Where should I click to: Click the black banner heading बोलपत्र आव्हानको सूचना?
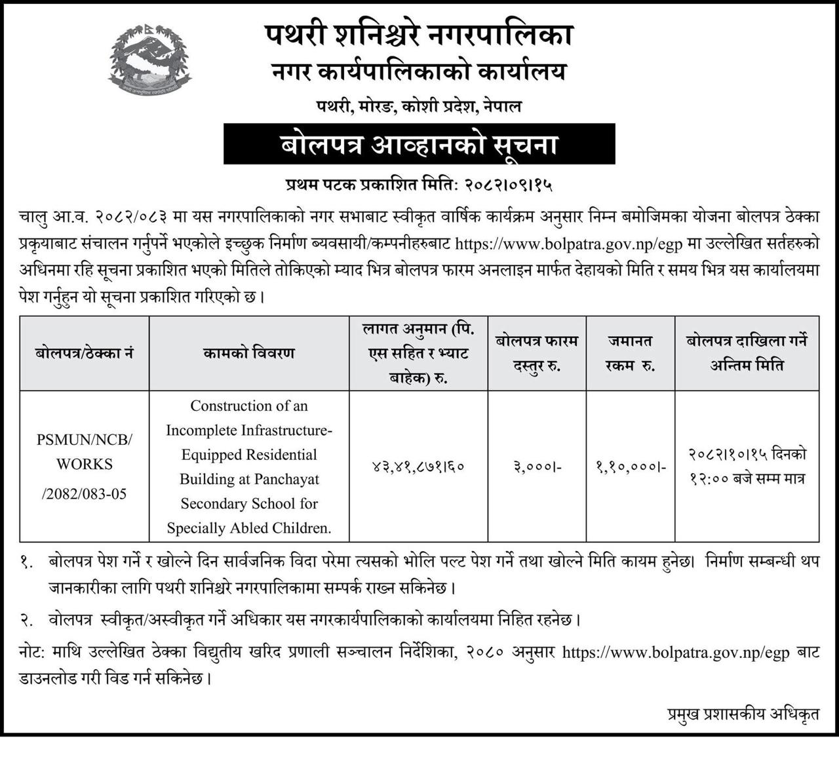click(419, 143)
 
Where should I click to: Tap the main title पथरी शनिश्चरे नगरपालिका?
click(419, 35)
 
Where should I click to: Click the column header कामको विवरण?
click(249, 353)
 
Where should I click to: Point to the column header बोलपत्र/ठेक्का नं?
click(85, 353)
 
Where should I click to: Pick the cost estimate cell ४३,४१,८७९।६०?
click(418, 467)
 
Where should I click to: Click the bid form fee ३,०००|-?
click(537, 467)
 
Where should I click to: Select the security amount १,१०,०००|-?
click(631, 467)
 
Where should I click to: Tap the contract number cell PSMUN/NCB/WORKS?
click(85, 451)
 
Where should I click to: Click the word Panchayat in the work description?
click(286, 479)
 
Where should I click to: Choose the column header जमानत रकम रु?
click(631, 353)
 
